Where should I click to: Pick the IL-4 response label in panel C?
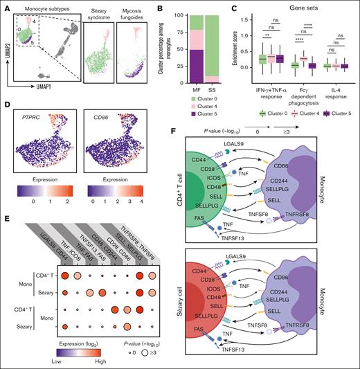pos(330,91)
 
